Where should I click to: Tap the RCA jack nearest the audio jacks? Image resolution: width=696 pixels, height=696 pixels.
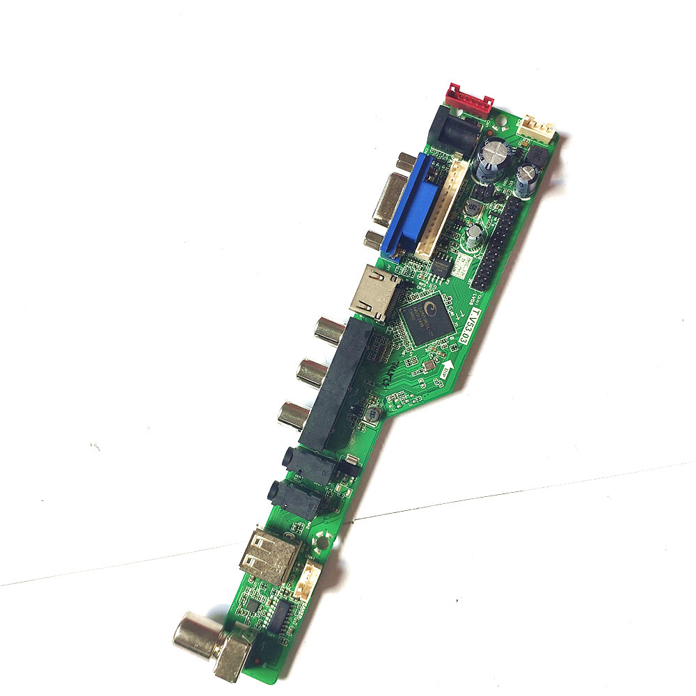point(293,416)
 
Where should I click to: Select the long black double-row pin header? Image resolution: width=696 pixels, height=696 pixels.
point(499,240)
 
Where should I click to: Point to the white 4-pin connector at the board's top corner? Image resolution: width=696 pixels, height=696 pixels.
point(539,129)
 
